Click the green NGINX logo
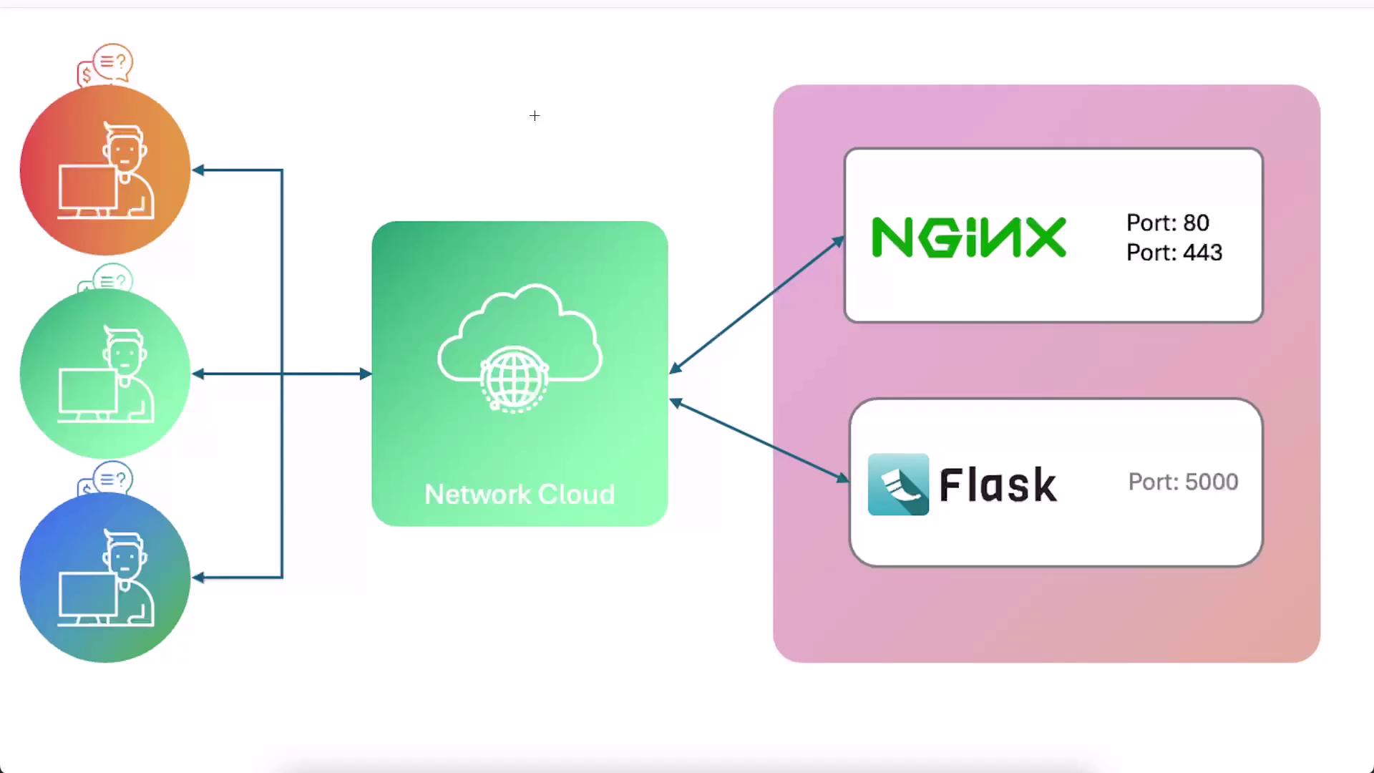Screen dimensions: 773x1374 point(969,238)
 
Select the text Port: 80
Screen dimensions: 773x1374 point(1167,223)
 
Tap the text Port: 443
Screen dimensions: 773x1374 point(1174,253)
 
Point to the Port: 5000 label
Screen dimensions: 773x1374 point(1183,482)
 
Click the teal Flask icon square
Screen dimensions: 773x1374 point(898,485)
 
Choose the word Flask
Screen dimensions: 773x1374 point(998,485)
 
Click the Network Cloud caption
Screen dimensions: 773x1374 point(520,495)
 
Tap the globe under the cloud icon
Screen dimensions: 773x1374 point(514,379)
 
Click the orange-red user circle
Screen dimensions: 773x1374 point(105,170)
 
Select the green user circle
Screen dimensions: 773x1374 point(105,374)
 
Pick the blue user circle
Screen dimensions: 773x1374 point(105,577)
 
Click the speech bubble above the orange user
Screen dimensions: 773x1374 point(112,63)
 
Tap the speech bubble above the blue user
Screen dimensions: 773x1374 point(112,478)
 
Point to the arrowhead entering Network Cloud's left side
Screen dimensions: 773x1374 point(365,374)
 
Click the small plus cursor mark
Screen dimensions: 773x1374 point(535,116)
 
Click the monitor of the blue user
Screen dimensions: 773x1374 point(87,595)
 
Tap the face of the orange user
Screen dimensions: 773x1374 point(125,152)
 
